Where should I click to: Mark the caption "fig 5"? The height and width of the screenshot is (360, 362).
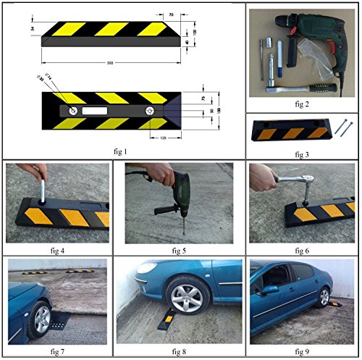click(181, 251)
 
